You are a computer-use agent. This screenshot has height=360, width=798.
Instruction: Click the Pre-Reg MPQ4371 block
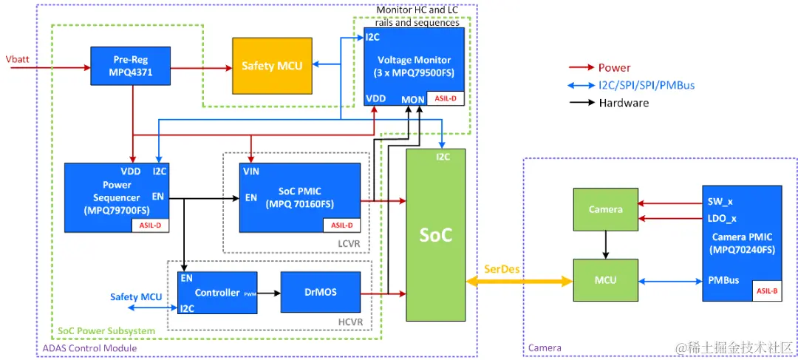[x=131, y=66]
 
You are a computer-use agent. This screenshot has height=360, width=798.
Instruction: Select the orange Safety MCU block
[x=272, y=66]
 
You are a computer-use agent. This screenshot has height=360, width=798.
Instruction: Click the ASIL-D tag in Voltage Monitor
[x=446, y=98]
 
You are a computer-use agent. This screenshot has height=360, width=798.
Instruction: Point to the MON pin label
[x=412, y=99]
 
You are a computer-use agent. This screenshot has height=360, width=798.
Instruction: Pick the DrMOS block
[x=320, y=292]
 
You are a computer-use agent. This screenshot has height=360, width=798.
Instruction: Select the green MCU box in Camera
[x=605, y=280]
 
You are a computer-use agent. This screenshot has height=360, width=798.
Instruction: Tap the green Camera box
[x=605, y=209]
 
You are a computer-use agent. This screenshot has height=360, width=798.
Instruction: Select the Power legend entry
[x=615, y=68]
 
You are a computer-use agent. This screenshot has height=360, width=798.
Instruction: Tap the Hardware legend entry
[x=624, y=103]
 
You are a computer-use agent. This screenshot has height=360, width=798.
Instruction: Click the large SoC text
[x=436, y=234]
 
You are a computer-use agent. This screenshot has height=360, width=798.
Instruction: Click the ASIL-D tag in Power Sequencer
[x=151, y=225]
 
